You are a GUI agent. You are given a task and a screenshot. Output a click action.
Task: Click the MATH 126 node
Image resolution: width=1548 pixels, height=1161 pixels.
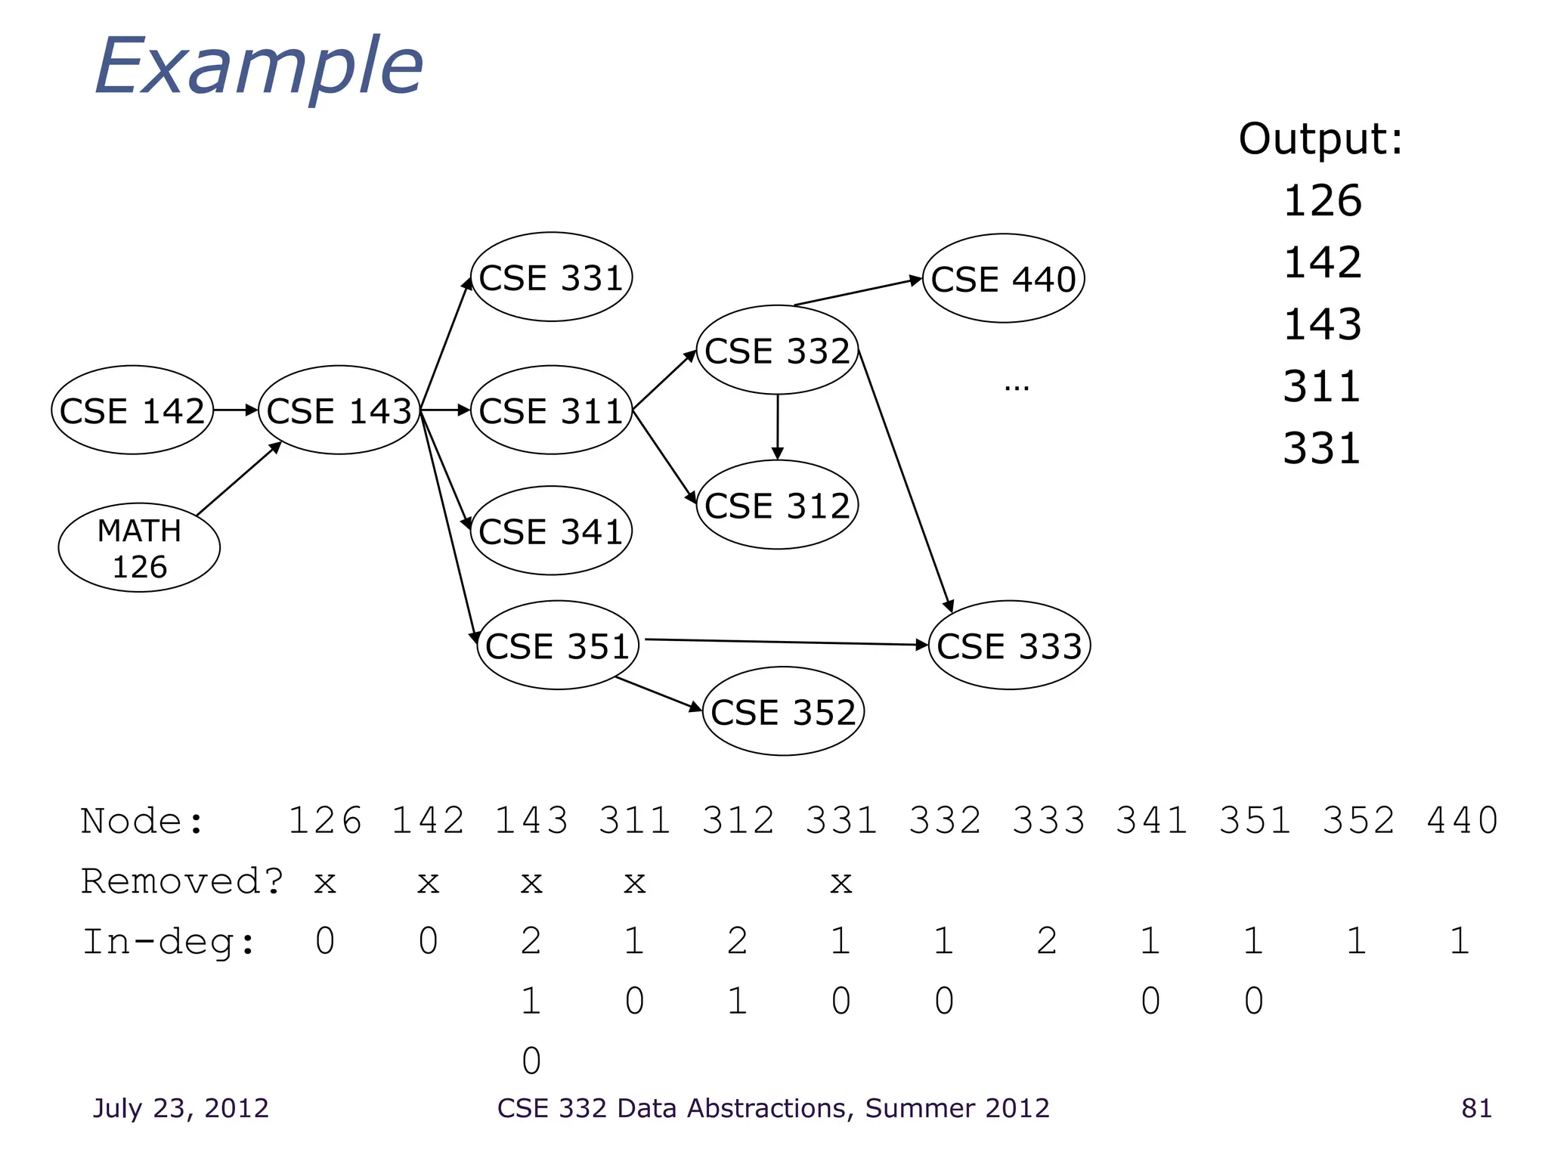(139, 548)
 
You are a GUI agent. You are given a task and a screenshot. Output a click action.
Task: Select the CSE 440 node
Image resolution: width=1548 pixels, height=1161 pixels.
(1003, 279)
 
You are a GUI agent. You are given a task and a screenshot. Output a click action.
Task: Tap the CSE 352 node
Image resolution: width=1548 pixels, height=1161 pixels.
(783, 712)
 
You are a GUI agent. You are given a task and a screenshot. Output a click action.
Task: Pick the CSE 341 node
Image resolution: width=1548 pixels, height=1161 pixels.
(551, 531)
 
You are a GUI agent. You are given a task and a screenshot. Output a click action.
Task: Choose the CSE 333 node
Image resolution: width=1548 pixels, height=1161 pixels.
(1009, 646)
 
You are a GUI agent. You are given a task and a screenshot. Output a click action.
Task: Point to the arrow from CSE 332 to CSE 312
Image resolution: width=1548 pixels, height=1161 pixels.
(777, 427)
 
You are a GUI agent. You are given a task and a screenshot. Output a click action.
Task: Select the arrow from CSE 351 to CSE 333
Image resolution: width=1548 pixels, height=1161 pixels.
(786, 642)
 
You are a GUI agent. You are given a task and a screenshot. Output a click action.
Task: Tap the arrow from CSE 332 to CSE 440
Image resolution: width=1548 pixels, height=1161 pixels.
(858, 292)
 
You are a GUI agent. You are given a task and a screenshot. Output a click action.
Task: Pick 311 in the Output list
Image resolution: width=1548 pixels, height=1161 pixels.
(1322, 386)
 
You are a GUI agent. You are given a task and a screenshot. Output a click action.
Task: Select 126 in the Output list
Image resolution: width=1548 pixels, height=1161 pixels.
(1322, 201)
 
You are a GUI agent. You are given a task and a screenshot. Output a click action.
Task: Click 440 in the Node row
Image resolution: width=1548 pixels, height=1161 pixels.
(1462, 821)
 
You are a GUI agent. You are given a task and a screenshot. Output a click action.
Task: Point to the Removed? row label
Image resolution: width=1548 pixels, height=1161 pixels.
(181, 881)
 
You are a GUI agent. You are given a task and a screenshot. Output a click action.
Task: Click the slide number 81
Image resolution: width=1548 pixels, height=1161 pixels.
(1476, 1108)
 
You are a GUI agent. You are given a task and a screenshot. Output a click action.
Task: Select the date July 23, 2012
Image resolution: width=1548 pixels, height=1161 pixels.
(181, 1108)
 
